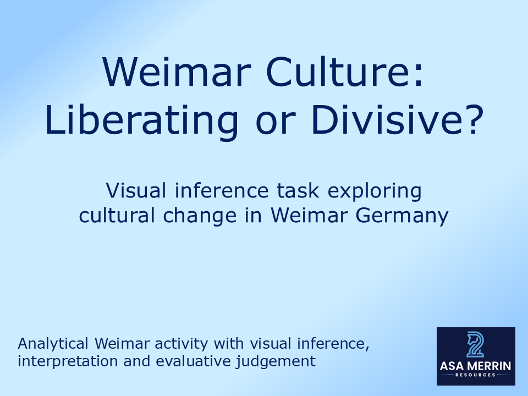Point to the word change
203,216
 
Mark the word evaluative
210,361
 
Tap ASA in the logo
453,366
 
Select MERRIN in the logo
489,366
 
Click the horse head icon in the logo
475,345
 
